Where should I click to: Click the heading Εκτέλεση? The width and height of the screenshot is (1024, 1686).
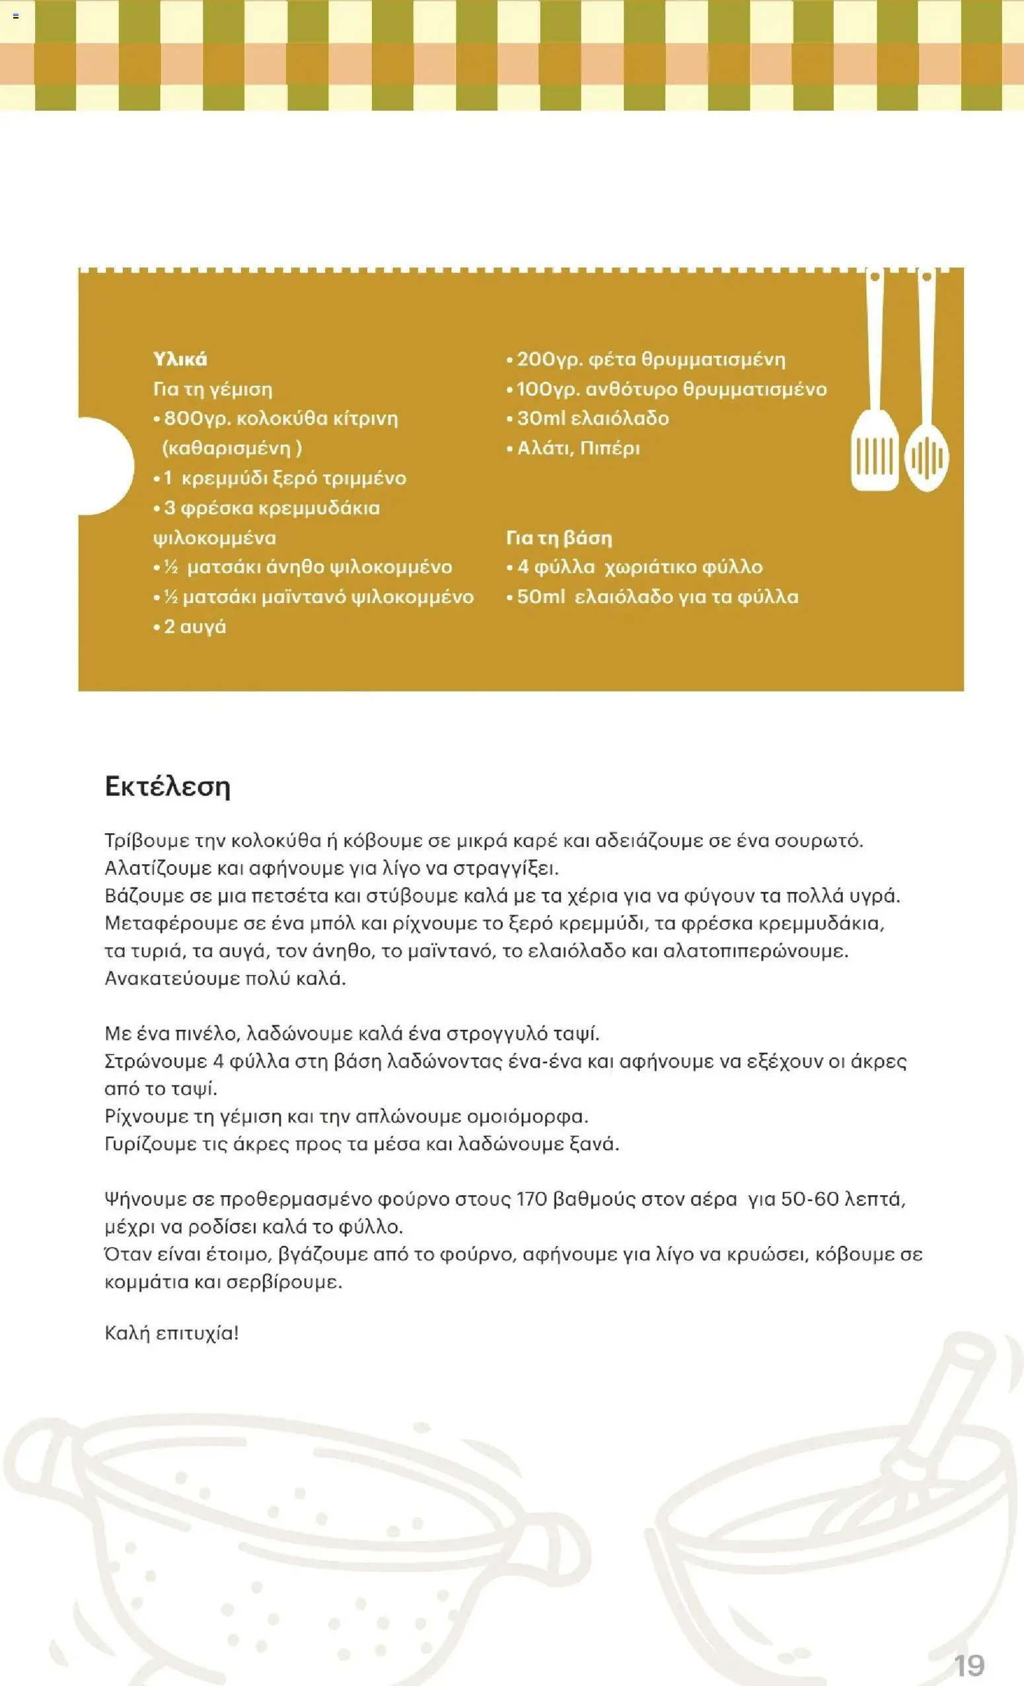[x=168, y=787]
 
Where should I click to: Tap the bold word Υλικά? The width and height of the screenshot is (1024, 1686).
[x=180, y=359]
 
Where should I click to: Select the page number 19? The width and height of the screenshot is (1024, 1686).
[x=969, y=1665]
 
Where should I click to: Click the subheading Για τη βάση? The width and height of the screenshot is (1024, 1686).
[x=559, y=538]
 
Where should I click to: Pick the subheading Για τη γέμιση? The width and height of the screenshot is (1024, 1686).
[x=213, y=389]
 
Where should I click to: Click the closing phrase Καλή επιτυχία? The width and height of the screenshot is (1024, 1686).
[x=172, y=1333]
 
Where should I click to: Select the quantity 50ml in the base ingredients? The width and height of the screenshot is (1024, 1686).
[x=540, y=597]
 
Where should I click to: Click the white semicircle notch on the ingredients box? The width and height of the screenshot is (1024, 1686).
[x=106, y=466]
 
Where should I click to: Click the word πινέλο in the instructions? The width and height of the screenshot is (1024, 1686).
[x=201, y=1033]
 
